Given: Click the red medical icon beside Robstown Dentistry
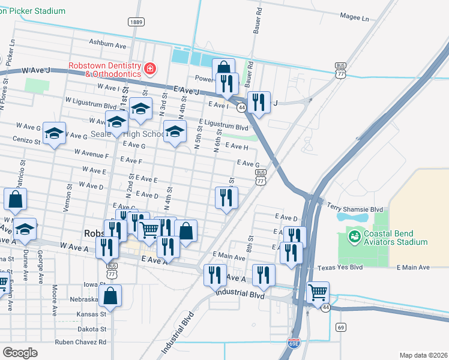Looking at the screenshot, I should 149,70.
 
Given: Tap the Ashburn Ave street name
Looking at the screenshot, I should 107,44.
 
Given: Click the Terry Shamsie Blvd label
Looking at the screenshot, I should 355,209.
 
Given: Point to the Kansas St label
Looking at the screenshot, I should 90,313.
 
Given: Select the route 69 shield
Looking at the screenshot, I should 341,327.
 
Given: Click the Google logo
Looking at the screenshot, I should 20,352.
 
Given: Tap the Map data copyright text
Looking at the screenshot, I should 423,355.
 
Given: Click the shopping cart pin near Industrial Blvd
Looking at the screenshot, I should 318,293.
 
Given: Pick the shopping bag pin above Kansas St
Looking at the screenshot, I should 110,295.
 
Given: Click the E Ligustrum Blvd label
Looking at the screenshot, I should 224,127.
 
